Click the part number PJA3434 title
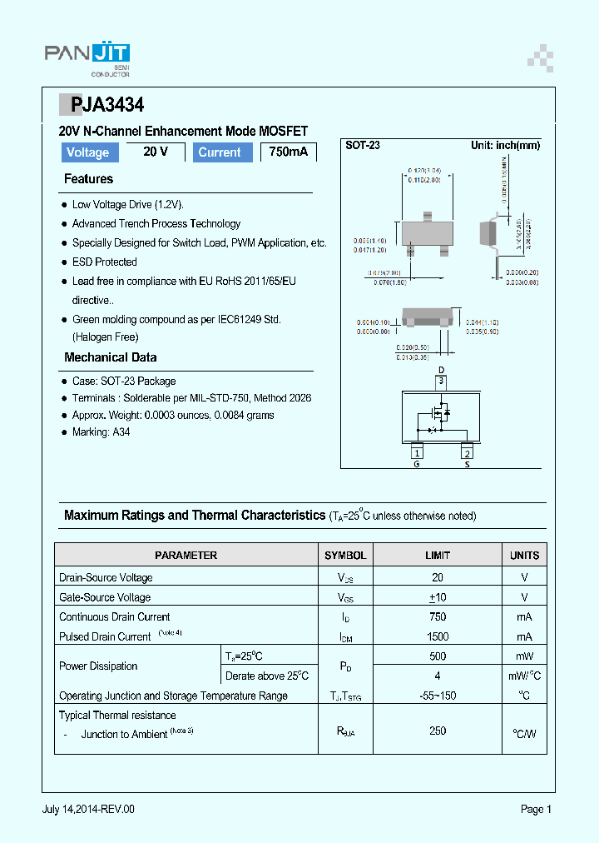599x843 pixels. click(101, 105)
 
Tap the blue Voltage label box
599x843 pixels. click(87, 152)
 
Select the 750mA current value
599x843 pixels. click(288, 152)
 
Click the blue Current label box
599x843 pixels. click(220, 152)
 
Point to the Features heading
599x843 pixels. click(88, 179)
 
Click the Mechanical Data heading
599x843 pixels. click(110, 357)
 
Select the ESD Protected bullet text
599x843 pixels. click(104, 262)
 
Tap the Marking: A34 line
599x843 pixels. click(101, 432)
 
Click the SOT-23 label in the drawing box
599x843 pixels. click(363, 145)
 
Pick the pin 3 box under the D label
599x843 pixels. click(442, 382)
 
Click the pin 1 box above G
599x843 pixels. click(417, 452)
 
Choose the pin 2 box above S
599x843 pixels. click(468, 452)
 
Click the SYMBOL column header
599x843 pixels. click(344, 555)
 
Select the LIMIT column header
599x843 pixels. click(438, 555)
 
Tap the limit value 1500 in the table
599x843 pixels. click(438, 636)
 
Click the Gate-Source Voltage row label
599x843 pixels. click(105, 597)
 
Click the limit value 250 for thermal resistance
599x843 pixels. click(438, 731)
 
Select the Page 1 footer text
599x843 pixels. click(536, 809)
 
